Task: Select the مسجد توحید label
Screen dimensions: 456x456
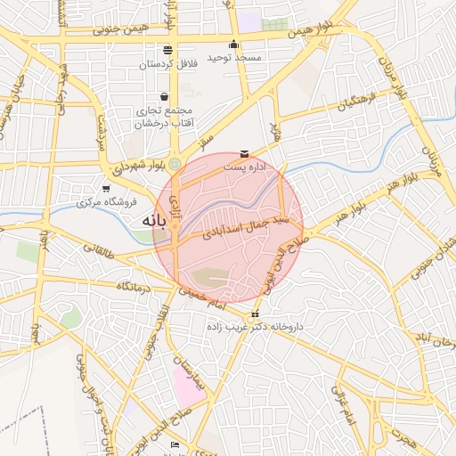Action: [x=234, y=57]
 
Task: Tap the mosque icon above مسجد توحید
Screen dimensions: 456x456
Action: [x=234, y=44]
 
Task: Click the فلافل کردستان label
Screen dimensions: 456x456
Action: [x=168, y=64]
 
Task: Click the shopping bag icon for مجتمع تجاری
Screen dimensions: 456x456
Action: [x=164, y=96]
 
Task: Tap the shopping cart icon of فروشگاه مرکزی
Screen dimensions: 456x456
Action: [x=106, y=188]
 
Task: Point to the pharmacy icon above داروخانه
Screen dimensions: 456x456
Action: [x=256, y=313]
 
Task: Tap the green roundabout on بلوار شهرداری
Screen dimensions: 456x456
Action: [x=175, y=164]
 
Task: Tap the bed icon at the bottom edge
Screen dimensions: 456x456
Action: [x=175, y=444]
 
